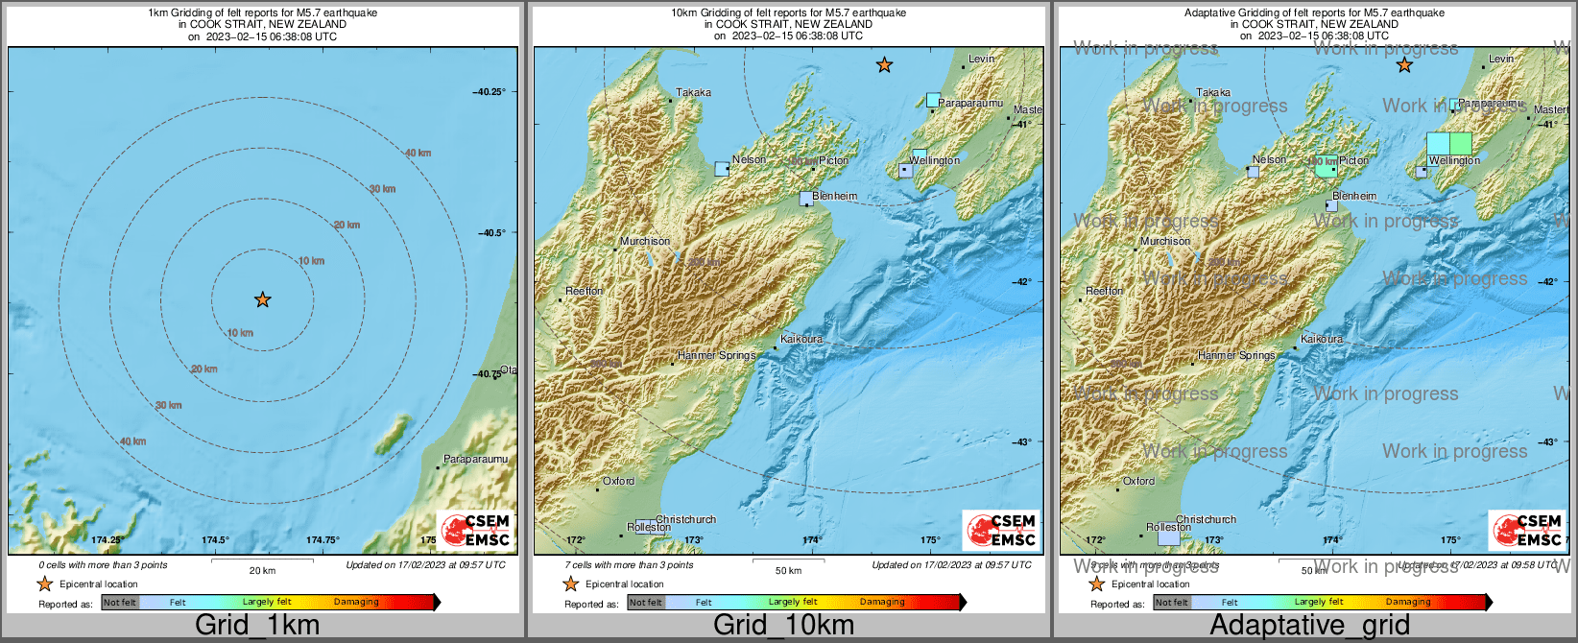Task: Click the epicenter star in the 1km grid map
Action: (x=262, y=300)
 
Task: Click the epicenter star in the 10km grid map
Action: (x=884, y=65)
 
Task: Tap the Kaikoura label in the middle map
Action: (x=801, y=340)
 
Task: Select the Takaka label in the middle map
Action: (x=693, y=93)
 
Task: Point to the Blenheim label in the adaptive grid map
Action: (x=1354, y=196)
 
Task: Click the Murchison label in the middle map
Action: (x=645, y=242)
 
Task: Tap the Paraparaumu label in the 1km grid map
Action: (x=475, y=460)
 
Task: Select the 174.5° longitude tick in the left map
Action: (x=215, y=540)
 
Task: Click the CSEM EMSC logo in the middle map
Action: (x=1002, y=531)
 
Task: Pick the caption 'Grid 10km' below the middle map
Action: (x=783, y=626)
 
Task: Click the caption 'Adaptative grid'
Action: (x=1309, y=626)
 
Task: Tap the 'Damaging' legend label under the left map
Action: (x=356, y=603)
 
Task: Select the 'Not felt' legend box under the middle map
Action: (x=646, y=603)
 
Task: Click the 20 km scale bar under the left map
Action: (x=262, y=561)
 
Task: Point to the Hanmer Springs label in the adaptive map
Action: (x=1236, y=356)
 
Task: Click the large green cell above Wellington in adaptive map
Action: (x=1460, y=144)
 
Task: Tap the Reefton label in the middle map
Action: (x=585, y=291)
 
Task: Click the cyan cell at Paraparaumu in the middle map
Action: (x=933, y=100)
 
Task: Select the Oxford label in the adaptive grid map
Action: (x=1138, y=482)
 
